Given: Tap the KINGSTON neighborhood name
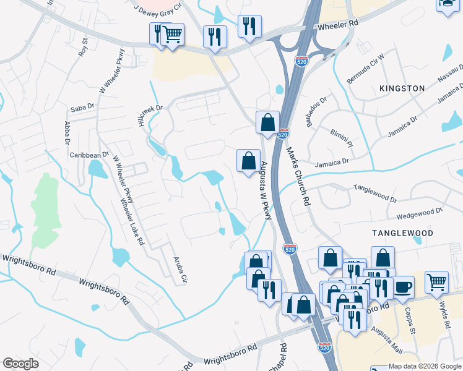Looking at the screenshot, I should [402, 88].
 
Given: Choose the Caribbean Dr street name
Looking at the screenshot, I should [89, 155].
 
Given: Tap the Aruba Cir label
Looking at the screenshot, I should [180, 270].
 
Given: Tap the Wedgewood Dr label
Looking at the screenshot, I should [420, 213].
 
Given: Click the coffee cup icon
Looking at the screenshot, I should [403, 286].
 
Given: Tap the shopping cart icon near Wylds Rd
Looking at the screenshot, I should [437, 282].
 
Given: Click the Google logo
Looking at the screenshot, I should [20, 364].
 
